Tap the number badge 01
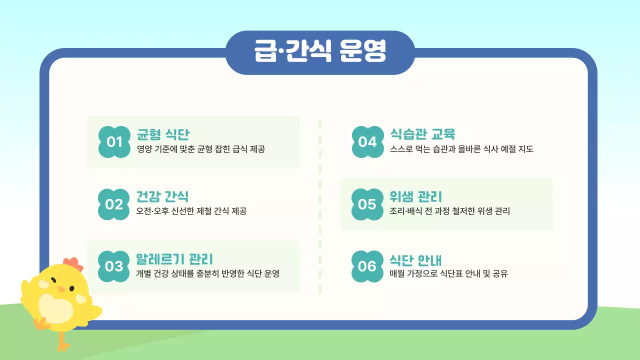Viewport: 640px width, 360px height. (x=114, y=142)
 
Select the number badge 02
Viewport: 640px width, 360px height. (x=114, y=204)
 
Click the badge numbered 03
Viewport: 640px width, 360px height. (x=114, y=266)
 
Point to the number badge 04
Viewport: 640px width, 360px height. (x=367, y=142)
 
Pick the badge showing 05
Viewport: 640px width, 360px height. (x=367, y=204)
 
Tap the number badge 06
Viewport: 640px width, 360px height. (x=367, y=266)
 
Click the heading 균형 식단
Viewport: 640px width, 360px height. (x=163, y=134)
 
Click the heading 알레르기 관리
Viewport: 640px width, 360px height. (x=174, y=258)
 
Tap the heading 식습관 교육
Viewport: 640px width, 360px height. (x=422, y=134)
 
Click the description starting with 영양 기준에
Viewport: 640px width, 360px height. (x=200, y=149)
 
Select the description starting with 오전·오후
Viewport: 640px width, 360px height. (x=191, y=211)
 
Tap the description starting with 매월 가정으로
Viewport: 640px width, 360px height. (x=448, y=273)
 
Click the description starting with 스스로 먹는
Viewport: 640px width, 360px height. (x=461, y=149)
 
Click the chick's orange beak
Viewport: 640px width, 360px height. (x=61, y=289)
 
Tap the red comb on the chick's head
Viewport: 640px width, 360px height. (x=73, y=263)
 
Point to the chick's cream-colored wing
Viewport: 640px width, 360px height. (x=56, y=308)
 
